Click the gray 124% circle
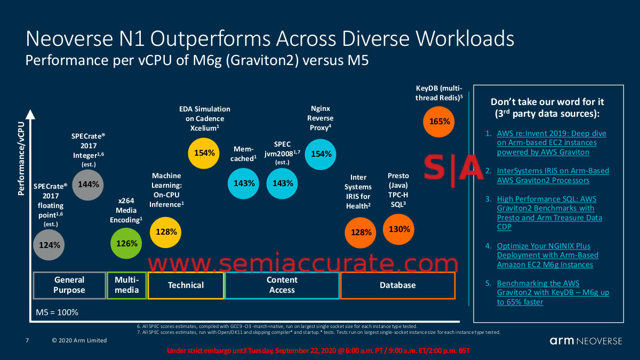tap(50, 245)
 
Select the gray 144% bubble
tap(88, 184)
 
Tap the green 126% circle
tap(127, 243)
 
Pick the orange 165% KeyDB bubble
tap(439, 121)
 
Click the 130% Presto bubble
tap(399, 229)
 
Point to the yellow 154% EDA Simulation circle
tap(204, 153)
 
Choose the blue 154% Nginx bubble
tap(321, 154)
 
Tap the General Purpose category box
tap(69, 285)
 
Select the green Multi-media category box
tap(126, 285)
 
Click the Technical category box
tap(186, 285)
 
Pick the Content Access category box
tap(282, 285)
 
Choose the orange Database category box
tap(397, 285)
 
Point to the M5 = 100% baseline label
tap(57, 312)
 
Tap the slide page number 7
tap(27, 340)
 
